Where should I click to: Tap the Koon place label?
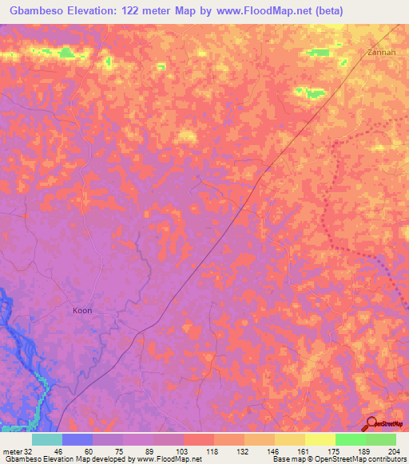point(82,310)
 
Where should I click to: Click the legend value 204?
point(390,450)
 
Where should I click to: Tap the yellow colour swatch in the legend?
point(320,439)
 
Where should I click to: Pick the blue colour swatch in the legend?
point(77,439)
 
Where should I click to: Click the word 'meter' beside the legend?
point(12,450)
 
